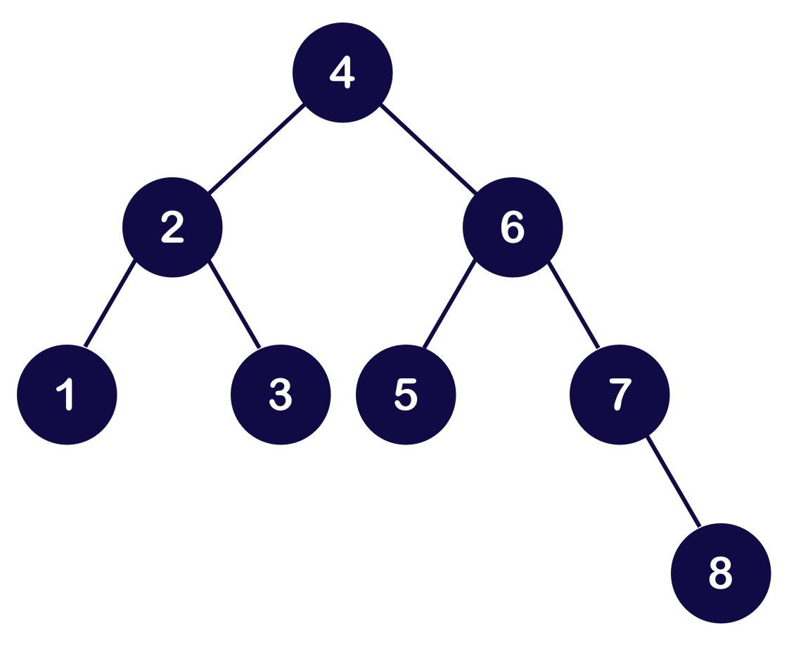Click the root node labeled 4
(342, 72)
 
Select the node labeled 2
(172, 227)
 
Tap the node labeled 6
(513, 227)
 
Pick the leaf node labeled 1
(67, 395)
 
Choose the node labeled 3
(281, 395)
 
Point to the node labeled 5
(406, 395)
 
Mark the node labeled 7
(620, 395)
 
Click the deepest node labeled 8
(721, 573)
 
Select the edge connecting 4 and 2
(257, 150)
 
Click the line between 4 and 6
(428, 150)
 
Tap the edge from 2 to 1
(109, 305)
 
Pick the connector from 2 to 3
(235, 305)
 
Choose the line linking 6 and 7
(573, 305)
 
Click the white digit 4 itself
(342, 72)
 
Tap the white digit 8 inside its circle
(721, 573)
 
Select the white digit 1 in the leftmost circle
(67, 395)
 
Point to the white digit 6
(513, 227)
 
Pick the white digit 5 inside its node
(406, 395)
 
